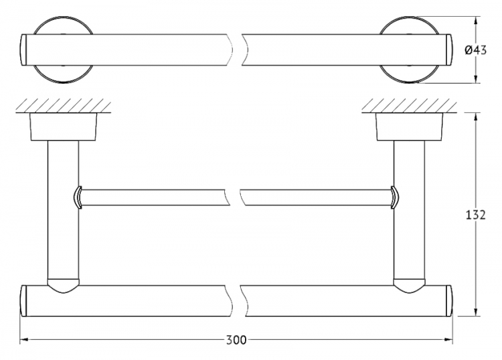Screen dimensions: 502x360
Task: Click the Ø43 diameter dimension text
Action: pyautogui.click(x=475, y=50)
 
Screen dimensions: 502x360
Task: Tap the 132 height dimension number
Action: pyautogui.click(x=475, y=215)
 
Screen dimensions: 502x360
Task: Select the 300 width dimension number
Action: pyautogui.click(x=236, y=340)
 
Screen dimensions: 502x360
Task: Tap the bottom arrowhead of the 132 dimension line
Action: pyautogui.click(x=477, y=312)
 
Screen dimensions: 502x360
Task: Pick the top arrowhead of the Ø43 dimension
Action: pyautogui.click(x=476, y=21)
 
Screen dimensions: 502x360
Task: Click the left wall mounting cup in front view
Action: pyautogui.click(x=63, y=126)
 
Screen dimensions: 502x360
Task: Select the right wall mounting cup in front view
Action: pyautogui.click(x=409, y=126)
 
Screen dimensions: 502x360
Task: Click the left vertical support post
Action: pyautogui.click(x=63, y=211)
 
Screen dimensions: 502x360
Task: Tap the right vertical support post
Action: pyautogui.click(x=409, y=211)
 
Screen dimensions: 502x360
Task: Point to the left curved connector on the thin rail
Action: pyautogui.click(x=78, y=197)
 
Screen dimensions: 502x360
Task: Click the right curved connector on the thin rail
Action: pyautogui.click(x=395, y=197)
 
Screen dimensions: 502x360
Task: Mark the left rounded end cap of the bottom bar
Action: pyautogui.click(x=23, y=301)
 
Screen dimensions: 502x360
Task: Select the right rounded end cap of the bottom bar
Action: pyautogui.click(x=450, y=301)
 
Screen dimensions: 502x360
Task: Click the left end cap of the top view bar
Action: pyautogui.click(x=23, y=50)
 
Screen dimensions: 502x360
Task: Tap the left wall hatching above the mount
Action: pyautogui.click(x=64, y=106)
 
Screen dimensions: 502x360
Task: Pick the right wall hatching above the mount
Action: pyautogui.click(x=409, y=106)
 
